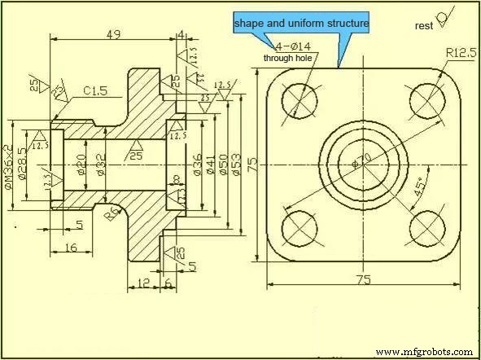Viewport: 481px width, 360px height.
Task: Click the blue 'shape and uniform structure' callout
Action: pyautogui.click(x=301, y=24)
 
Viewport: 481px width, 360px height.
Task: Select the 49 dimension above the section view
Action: pyautogui.click(x=113, y=34)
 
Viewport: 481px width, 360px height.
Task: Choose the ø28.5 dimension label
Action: pyautogui.click(x=24, y=163)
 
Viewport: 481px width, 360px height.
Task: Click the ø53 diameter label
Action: pyautogui.click(x=236, y=162)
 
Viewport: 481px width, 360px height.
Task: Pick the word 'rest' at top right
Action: pyautogui.click(x=423, y=25)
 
